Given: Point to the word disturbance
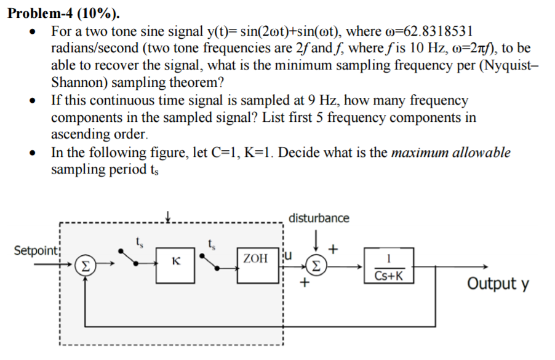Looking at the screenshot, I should coord(319,218).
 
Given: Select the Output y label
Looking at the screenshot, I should coord(498,284).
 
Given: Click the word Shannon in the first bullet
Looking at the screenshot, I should coord(76,82).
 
